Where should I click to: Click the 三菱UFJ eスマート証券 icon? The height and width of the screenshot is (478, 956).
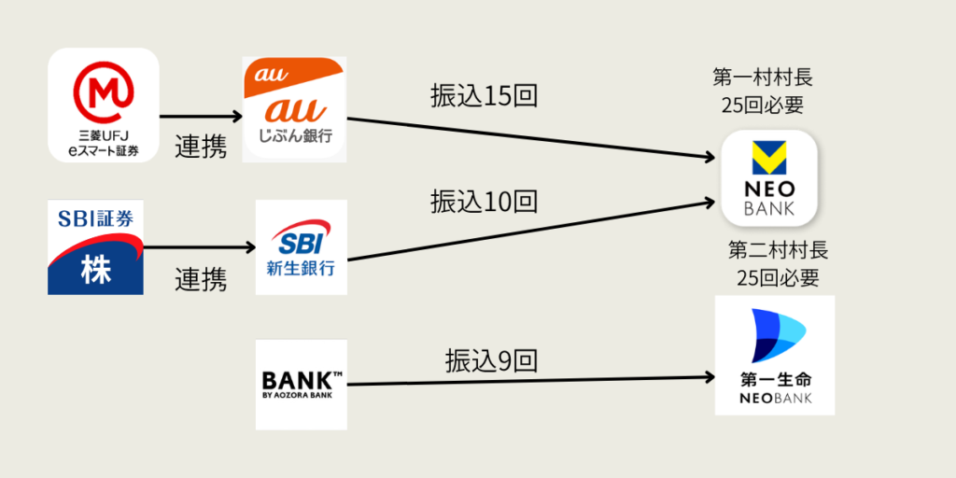[104, 105]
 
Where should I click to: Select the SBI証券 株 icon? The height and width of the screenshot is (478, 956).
[95, 247]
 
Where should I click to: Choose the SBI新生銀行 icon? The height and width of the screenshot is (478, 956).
[301, 247]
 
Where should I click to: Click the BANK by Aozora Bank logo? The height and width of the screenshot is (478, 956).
[301, 385]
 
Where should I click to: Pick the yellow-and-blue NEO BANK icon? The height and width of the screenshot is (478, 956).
[769, 178]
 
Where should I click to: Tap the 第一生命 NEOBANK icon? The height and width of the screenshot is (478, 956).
[774, 356]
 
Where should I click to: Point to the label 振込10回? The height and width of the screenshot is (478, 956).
[484, 200]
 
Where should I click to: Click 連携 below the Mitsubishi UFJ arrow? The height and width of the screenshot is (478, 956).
[201, 147]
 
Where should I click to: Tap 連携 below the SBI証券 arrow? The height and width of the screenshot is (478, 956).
[201, 279]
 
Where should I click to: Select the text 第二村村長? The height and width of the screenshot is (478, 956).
[778, 250]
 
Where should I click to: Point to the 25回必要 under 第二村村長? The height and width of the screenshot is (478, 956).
[778, 277]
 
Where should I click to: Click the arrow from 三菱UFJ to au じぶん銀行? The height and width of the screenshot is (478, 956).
[201, 118]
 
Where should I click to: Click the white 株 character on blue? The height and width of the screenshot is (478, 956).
[95, 270]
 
